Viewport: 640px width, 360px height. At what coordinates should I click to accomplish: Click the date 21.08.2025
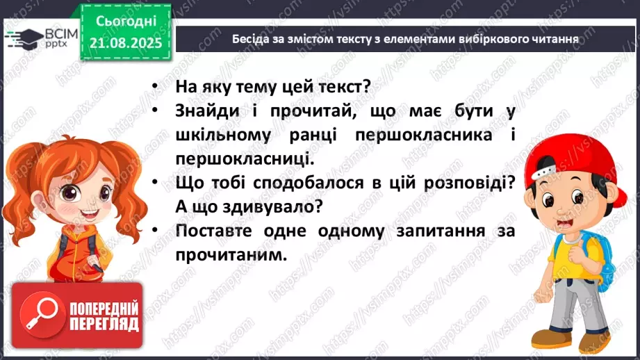[x=125, y=43]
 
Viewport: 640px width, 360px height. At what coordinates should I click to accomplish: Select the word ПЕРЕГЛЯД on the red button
[x=105, y=325]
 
